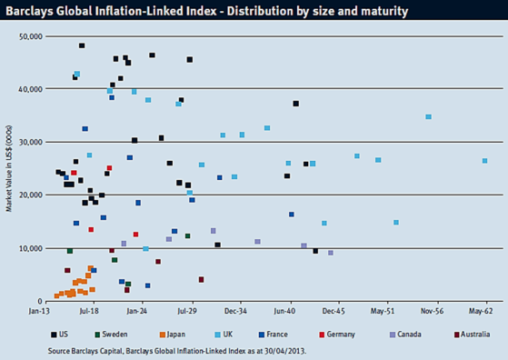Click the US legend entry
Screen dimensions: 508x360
click(x=60, y=335)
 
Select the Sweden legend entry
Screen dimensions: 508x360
click(x=111, y=335)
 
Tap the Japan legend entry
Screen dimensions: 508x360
click(x=173, y=335)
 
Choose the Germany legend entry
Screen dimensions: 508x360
click(x=337, y=335)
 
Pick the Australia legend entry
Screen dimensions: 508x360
click(x=472, y=335)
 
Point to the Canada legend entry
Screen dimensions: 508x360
click(x=405, y=335)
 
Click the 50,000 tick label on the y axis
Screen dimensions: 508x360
click(x=31, y=36)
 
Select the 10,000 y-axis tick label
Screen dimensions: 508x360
click(x=31, y=248)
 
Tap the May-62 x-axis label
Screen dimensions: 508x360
click(x=481, y=311)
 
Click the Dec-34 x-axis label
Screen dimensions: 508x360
click(x=235, y=311)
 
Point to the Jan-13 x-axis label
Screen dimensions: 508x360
click(x=39, y=311)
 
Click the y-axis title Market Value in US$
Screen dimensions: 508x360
click(x=9, y=168)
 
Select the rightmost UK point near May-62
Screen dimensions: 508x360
click(x=484, y=161)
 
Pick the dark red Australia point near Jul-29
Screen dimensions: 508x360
click(x=201, y=280)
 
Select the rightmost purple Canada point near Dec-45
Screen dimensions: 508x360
click(x=331, y=253)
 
